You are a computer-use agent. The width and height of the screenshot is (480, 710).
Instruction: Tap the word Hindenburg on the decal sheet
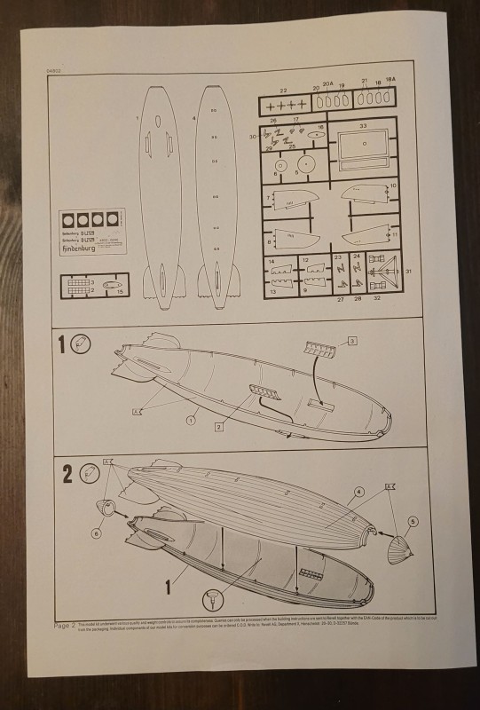click(82, 250)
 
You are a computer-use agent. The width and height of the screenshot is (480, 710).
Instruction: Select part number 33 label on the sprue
click(363, 126)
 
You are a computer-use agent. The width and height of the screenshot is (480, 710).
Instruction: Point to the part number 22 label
click(283, 91)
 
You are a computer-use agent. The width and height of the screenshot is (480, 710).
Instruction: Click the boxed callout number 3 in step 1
click(351, 341)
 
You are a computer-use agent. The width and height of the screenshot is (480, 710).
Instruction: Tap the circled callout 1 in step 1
click(190, 422)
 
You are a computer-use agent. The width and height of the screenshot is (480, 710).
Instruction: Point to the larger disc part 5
click(307, 165)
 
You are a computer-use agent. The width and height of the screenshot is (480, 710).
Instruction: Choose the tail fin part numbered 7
click(290, 202)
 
